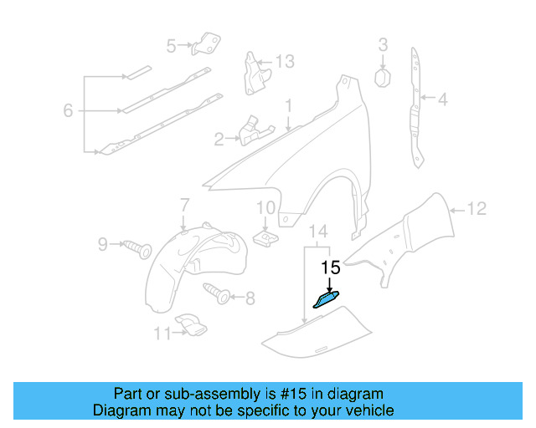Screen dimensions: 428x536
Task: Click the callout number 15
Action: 331,267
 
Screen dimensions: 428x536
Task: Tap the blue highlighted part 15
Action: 326,299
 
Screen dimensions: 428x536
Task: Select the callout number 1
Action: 288,106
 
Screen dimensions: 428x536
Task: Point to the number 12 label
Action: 476,210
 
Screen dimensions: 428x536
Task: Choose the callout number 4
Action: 441,101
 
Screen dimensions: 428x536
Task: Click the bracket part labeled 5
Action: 206,43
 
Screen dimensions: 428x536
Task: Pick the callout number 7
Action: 185,203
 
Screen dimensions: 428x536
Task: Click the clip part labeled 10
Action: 265,238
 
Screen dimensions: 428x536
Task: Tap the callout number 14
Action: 319,231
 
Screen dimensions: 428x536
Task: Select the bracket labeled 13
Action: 253,74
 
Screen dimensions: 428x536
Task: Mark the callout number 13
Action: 285,61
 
